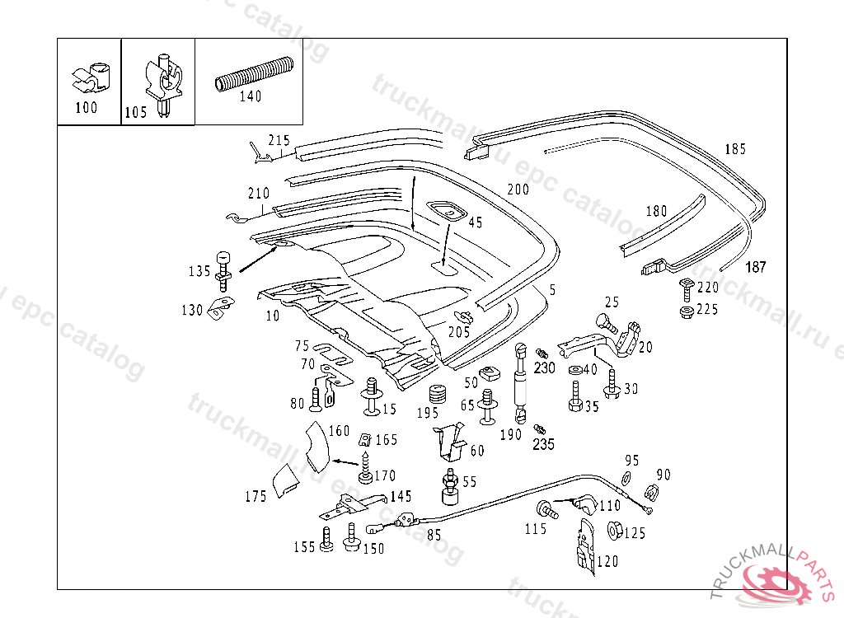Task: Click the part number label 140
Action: pos(250,96)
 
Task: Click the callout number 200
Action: pos(518,190)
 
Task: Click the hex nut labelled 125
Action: pos(613,530)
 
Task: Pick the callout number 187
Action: pos(756,267)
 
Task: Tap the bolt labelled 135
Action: pos(223,269)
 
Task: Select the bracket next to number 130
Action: pos(218,308)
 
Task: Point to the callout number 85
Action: pos(434,534)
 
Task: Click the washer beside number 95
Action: pos(625,478)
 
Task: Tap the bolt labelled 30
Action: pos(612,383)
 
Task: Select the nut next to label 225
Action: pos(685,311)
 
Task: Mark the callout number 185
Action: pos(735,149)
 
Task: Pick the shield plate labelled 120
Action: pos(585,546)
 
